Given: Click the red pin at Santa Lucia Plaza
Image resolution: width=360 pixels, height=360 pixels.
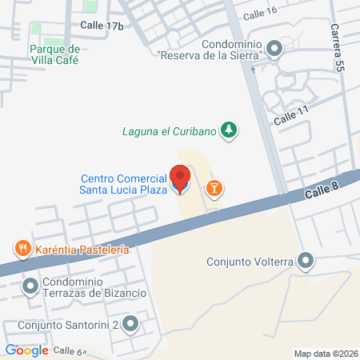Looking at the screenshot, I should pos(181,178).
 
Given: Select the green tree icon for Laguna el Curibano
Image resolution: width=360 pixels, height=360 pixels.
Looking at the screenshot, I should pos(230,130).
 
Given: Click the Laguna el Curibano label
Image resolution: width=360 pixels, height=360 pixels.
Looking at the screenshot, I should pos(170,130).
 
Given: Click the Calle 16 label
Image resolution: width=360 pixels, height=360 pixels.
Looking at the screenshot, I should pos(260,14).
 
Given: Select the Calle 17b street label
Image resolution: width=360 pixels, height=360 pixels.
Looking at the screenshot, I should pos(102,26).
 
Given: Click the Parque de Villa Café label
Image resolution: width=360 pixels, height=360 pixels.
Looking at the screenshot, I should pos(60,54).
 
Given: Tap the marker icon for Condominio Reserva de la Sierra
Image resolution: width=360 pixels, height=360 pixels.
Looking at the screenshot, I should pos(274,50).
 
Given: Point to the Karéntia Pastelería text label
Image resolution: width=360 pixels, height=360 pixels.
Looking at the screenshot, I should pos(82,250).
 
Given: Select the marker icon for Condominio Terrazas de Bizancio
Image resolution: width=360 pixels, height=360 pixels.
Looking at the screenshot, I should pos(30,285).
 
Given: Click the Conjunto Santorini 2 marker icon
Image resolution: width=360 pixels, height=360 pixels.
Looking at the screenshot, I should pos(131,325).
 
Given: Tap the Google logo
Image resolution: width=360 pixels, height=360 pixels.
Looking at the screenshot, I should pos(26,350).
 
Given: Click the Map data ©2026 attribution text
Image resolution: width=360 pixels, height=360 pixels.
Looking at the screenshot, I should pos(326,354).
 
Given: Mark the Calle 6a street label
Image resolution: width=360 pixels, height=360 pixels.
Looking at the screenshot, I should pos(70,351).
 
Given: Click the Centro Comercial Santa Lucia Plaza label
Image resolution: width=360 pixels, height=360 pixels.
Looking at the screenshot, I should pos(123,184).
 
